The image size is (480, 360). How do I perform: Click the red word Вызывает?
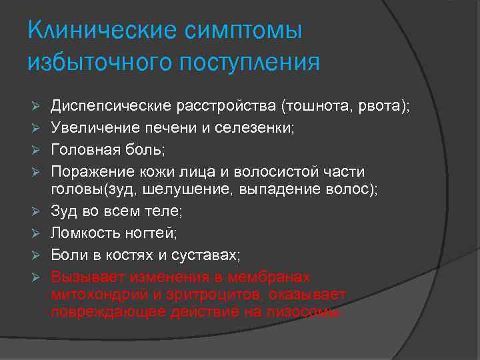[85, 275]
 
